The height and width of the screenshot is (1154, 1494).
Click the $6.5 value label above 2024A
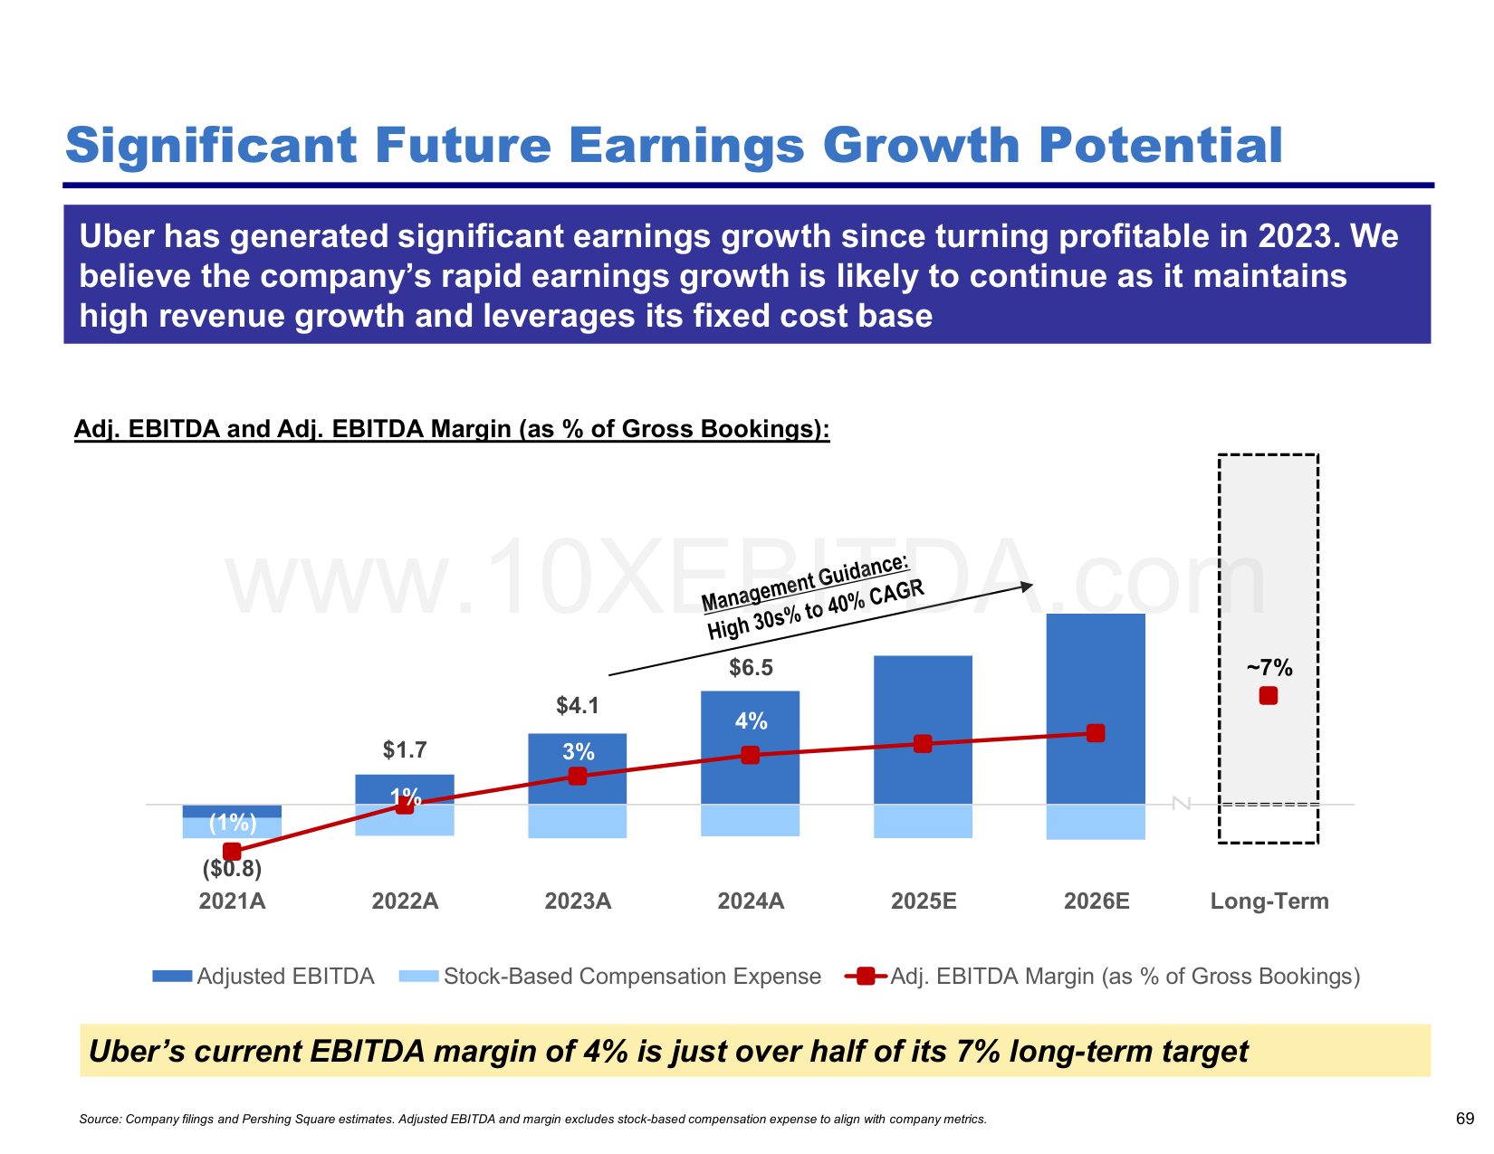751,668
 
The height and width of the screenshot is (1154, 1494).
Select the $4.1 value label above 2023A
578,705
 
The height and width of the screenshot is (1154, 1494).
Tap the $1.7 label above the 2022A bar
404,749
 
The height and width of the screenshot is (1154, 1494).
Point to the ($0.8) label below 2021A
232,869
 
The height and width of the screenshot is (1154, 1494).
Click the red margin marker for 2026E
1096,733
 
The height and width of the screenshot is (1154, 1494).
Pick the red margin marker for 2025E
923,744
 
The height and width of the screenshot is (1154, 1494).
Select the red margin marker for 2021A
232,852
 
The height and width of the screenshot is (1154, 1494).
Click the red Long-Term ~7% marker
1269,695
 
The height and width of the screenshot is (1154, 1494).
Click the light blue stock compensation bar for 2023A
578,822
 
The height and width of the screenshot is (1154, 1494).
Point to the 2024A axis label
751,901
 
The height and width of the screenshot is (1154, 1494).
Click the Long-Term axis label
1269,901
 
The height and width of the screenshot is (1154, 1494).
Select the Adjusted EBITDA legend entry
263,977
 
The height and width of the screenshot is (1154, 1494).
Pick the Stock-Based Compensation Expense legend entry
610,977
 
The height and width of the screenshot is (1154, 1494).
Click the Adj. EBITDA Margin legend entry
1103,977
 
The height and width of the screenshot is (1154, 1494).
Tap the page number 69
1465,1119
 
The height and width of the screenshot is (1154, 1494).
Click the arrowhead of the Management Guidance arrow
1027,587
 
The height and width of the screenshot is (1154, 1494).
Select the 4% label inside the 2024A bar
751,721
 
